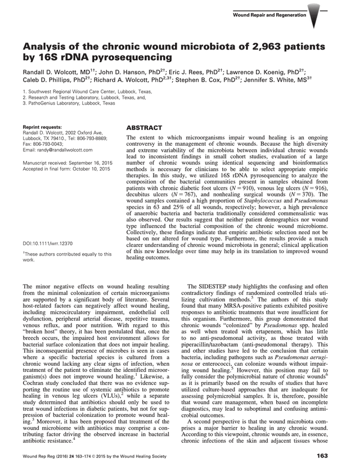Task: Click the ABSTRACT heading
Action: (145, 128)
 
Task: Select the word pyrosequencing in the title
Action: (121, 57)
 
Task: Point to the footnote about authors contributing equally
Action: (66, 257)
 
